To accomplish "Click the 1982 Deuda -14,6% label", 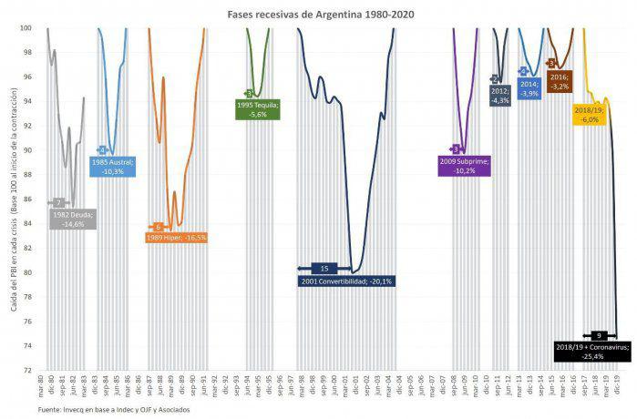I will (x=74, y=219).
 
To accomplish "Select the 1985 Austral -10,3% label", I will (x=114, y=166).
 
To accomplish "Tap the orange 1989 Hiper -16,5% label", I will (x=177, y=237).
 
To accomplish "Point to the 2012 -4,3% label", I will (x=500, y=96).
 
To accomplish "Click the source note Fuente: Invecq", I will (x=103, y=410).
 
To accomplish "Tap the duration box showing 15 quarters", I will (x=325, y=268).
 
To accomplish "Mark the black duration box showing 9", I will (x=599, y=335).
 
